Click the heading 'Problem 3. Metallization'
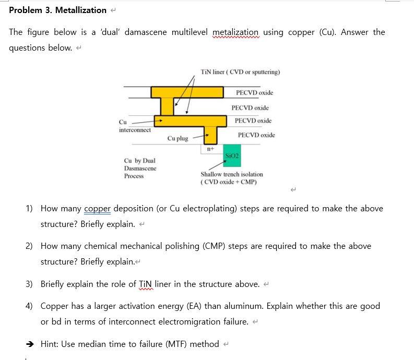tap(57, 10)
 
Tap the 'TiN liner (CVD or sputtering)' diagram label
tap(240, 72)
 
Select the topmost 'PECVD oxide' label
tap(254, 93)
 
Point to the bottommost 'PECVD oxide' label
tap(256, 135)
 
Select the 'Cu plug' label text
tap(178, 138)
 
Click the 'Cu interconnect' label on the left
tap(134, 126)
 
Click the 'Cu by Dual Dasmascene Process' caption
tap(140, 168)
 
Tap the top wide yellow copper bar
tap(187, 92)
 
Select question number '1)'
tap(30, 209)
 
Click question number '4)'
tap(30, 306)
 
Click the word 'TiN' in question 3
tap(146, 284)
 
